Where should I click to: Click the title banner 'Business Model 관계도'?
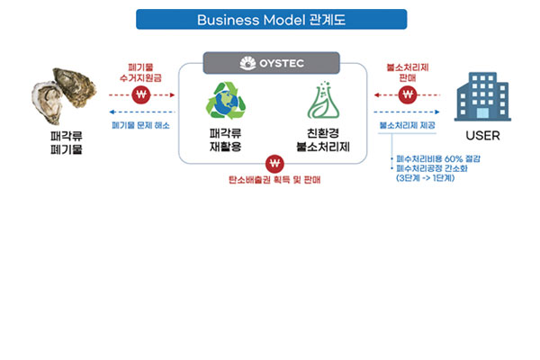[x=270, y=19]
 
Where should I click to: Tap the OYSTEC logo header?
[x=270, y=63]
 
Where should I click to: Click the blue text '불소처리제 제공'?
[x=407, y=125]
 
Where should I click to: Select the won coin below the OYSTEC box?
[x=274, y=163]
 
